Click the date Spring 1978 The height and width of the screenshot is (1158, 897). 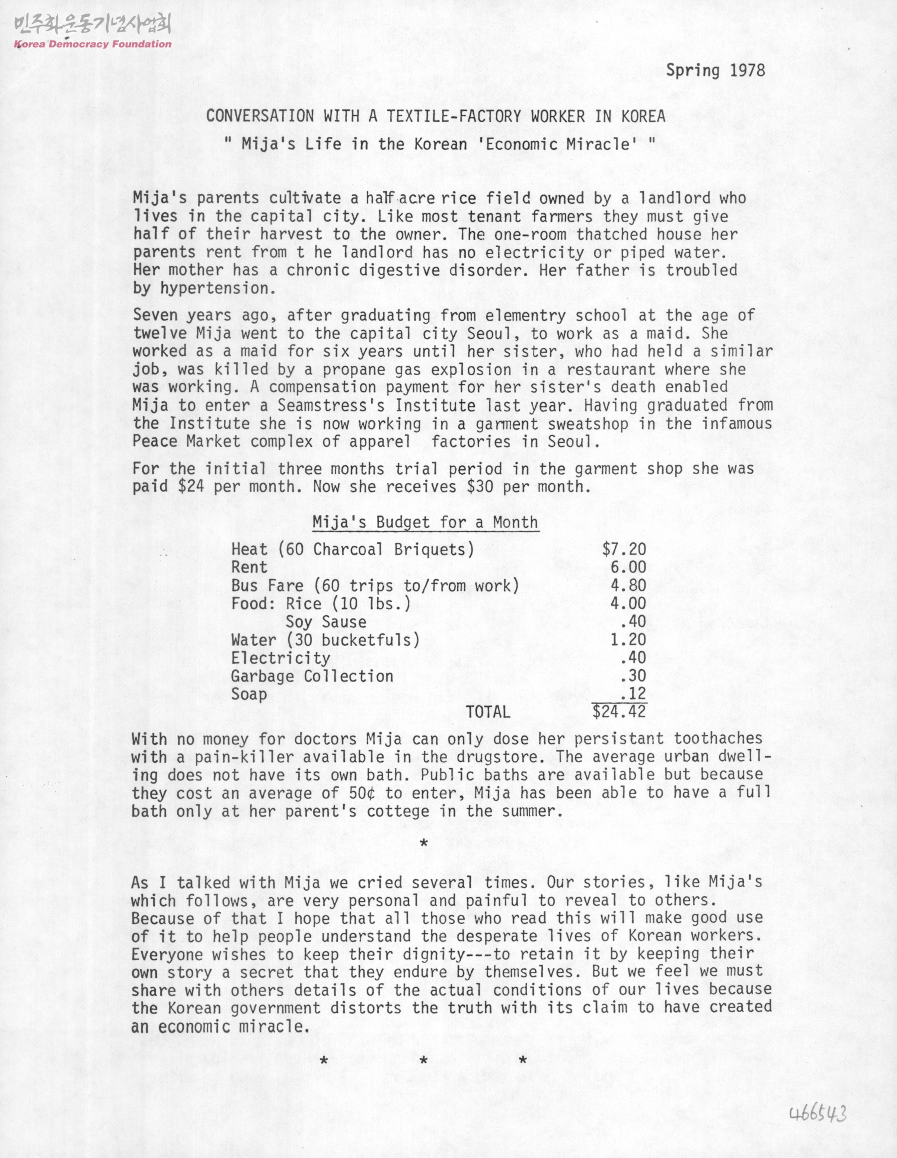coord(716,71)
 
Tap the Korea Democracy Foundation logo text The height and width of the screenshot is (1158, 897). coord(92,44)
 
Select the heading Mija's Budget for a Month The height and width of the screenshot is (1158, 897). coord(425,522)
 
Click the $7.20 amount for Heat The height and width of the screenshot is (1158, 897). coord(624,549)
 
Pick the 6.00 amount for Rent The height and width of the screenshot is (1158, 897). coord(628,568)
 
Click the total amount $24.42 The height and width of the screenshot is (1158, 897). coord(619,711)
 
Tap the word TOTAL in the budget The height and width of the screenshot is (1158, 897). coord(488,711)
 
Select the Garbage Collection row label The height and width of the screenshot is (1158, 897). coord(312,676)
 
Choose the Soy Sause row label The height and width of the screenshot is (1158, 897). coord(325,622)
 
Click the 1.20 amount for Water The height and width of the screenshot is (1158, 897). coord(628,640)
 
